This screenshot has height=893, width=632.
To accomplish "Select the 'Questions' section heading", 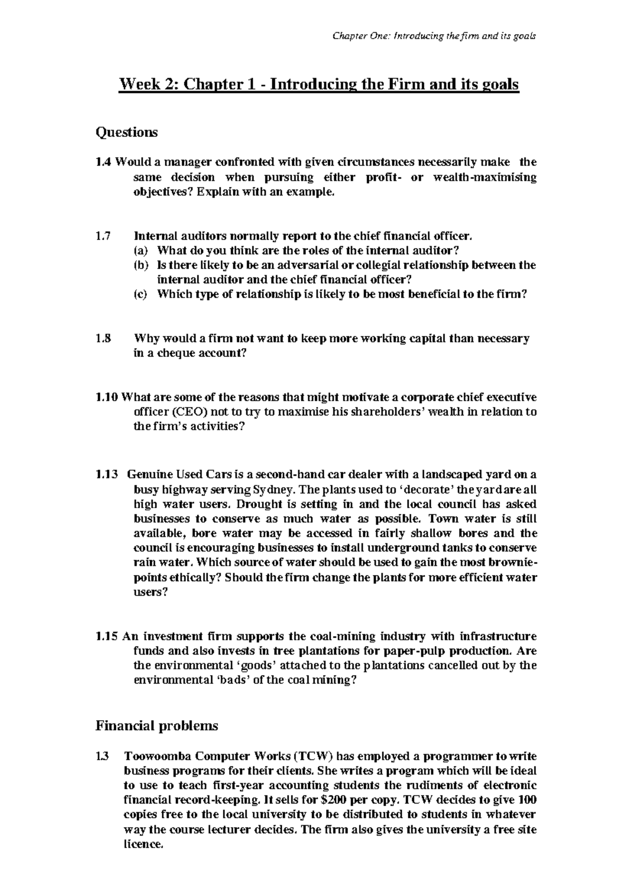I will click(x=126, y=132).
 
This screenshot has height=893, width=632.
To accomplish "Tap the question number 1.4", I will click(x=103, y=162).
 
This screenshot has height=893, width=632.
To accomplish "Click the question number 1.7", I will click(x=103, y=236).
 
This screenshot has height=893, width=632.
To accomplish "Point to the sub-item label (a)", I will click(x=141, y=251).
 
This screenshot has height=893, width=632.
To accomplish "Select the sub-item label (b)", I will click(x=141, y=265).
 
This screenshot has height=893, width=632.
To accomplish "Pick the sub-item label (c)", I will click(x=141, y=295).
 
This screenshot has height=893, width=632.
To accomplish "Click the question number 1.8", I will click(x=103, y=339).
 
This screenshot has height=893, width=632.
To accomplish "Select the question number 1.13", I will click(x=106, y=474).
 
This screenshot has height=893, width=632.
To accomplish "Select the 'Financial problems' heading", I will click(x=156, y=727).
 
